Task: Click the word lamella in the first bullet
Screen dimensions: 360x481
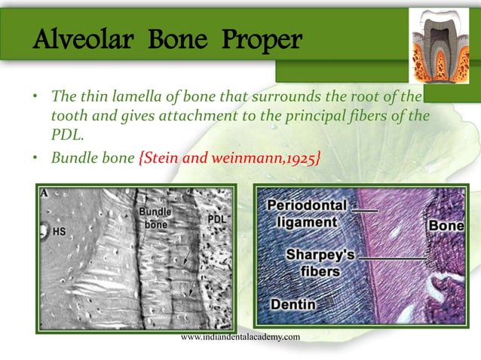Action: pyautogui.click(x=136, y=99)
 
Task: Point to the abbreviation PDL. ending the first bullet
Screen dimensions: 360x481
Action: pyautogui.click(x=66, y=133)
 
